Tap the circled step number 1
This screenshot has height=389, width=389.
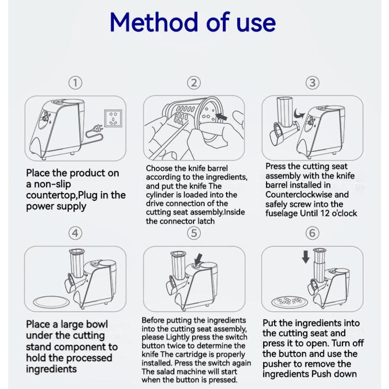tap(75, 83)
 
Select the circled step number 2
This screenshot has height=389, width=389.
tap(194, 83)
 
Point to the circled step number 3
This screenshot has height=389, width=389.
tap(312, 83)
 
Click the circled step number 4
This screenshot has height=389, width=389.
tap(75, 233)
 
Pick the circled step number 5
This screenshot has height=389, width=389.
tap(194, 233)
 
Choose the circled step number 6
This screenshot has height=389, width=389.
tap(312, 233)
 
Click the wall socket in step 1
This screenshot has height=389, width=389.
tap(113, 118)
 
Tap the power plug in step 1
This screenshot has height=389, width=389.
tap(97, 129)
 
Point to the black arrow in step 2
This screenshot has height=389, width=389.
tap(222, 116)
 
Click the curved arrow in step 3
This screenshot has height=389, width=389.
tap(299, 114)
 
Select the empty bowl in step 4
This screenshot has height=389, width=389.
tap(52, 302)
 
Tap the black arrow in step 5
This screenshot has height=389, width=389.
tap(198, 259)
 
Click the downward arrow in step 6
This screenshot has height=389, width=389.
tap(306, 257)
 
